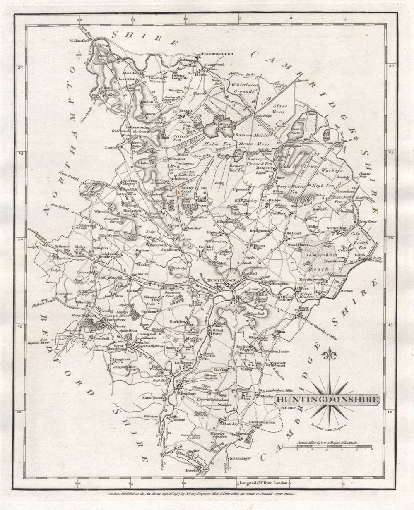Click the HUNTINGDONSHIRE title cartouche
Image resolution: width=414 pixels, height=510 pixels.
point(327,400)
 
